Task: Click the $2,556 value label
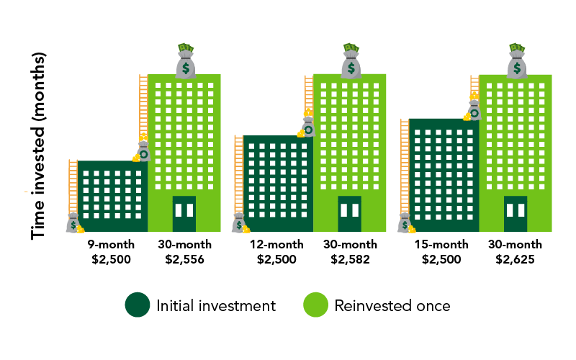[184, 259]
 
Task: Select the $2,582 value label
[350, 259]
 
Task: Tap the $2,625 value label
[515, 259]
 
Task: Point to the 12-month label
[276, 245]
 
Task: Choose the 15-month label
[441, 245]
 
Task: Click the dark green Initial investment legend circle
[137, 305]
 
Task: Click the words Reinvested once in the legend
[392, 305]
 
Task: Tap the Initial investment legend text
[215, 305]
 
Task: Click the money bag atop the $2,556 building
[186, 63]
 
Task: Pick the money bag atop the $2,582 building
[351, 63]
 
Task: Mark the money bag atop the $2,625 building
[516, 63]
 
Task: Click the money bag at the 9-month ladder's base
[74, 223]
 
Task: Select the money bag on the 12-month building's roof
[307, 127]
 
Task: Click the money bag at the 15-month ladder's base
[405, 223]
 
